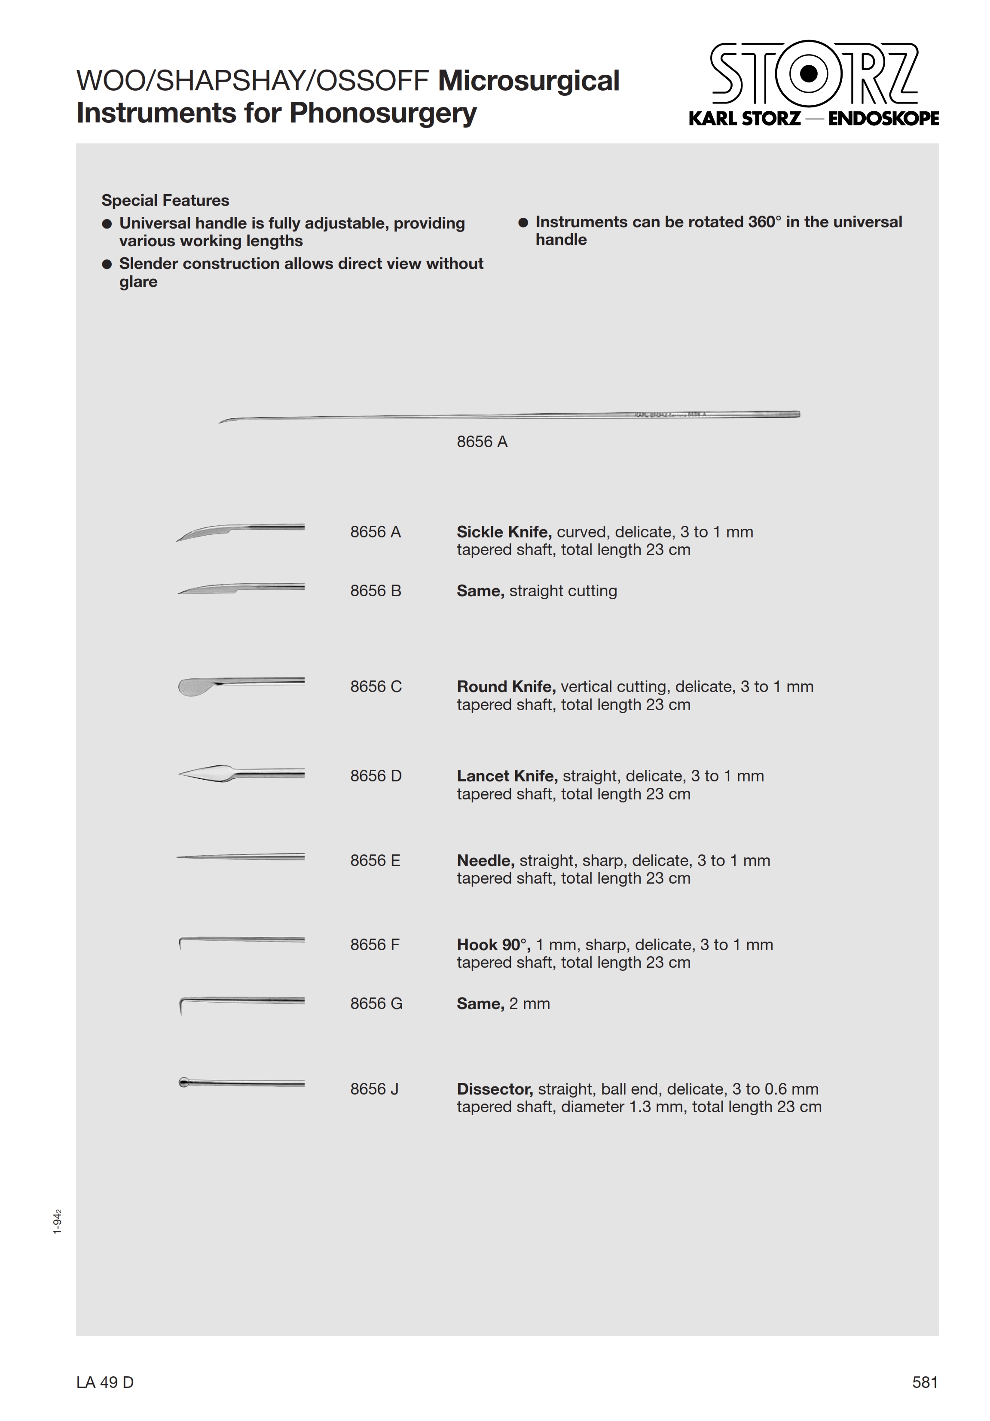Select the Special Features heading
coord(165,201)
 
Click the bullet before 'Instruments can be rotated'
coord(523,222)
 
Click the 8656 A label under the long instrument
coord(482,442)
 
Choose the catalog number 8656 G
coord(376,1004)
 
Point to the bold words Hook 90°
coord(493,945)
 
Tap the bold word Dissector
coord(495,1089)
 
